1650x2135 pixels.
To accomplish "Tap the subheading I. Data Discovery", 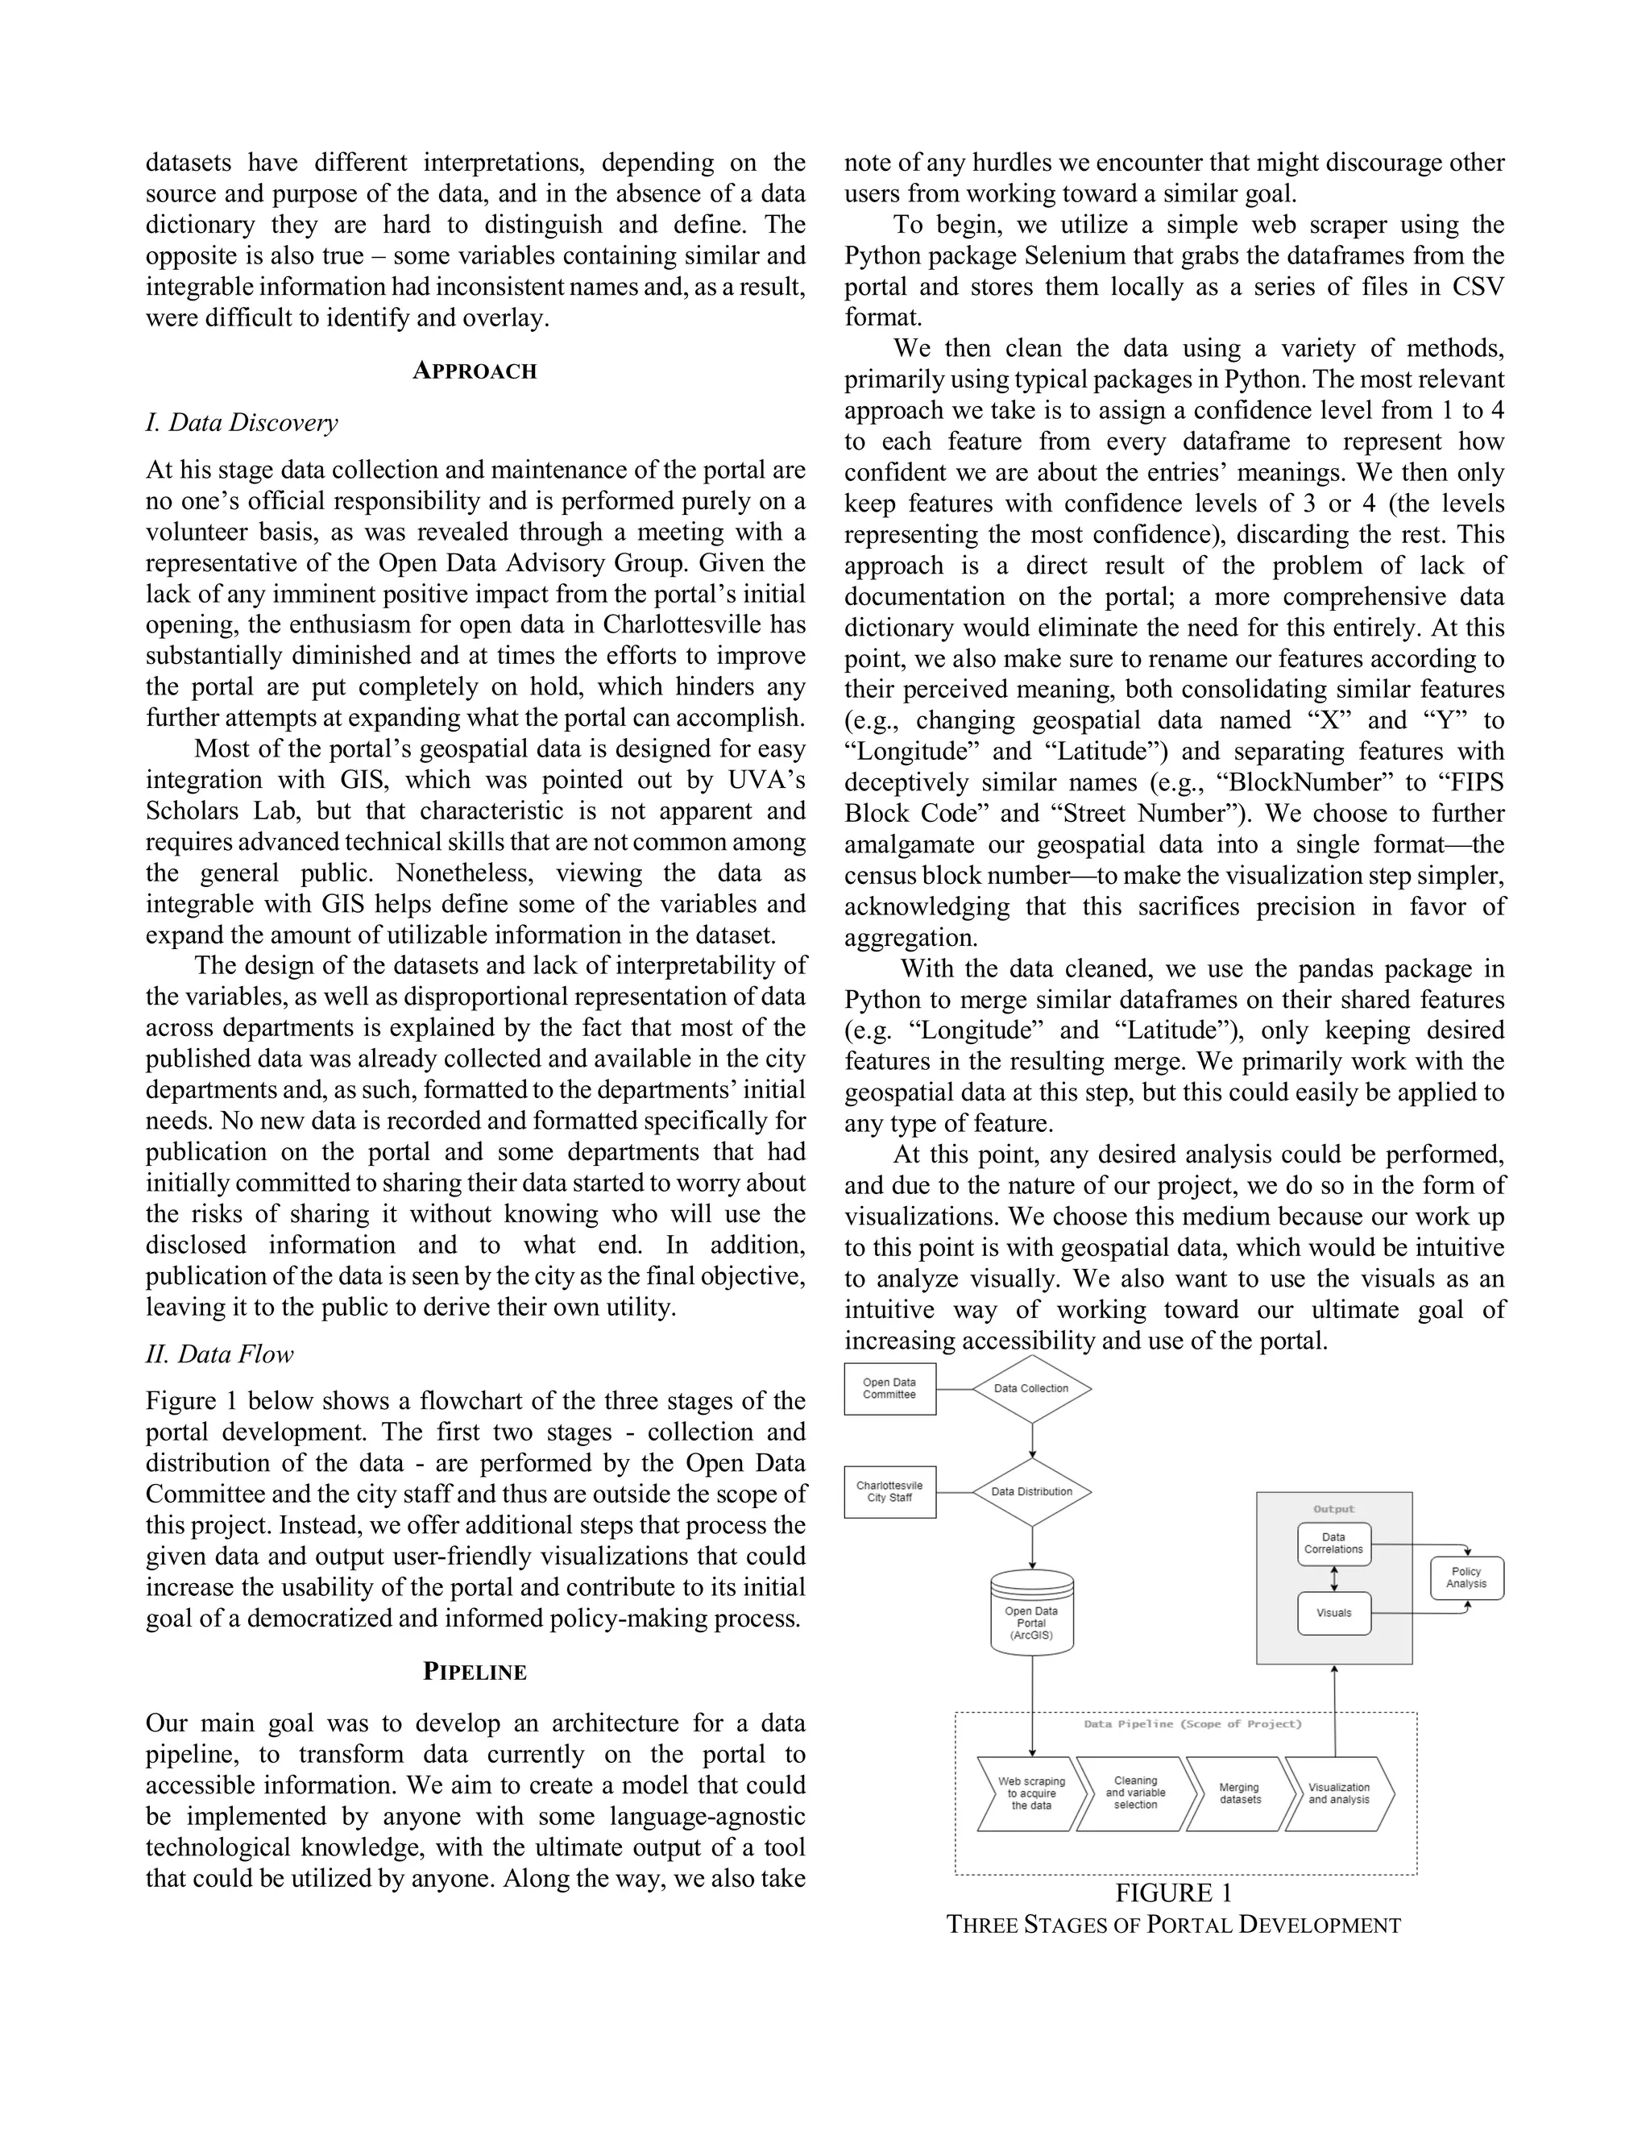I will click(242, 422).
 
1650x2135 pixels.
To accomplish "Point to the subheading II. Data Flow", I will click(219, 1354).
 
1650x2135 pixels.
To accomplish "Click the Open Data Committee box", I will click(889, 1388).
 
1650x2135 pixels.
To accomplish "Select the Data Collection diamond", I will click(1031, 1388).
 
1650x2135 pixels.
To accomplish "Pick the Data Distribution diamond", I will click(1031, 1492).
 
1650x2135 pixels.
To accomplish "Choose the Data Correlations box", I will click(1333, 1543).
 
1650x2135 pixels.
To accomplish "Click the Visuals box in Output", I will click(1333, 1613).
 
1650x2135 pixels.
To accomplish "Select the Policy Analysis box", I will click(1466, 1577).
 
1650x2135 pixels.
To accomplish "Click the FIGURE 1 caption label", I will click(1173, 1893).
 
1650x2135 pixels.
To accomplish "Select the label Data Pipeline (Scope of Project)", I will click(1192, 1724).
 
